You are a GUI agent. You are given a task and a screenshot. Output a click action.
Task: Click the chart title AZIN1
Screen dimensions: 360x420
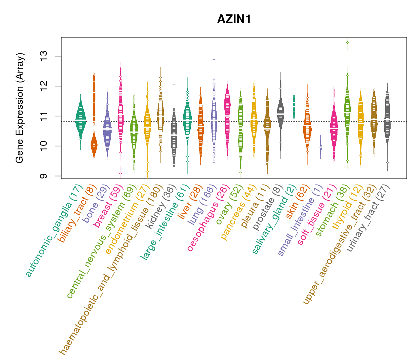234,19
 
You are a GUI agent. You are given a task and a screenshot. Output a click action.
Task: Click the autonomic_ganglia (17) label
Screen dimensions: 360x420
53,231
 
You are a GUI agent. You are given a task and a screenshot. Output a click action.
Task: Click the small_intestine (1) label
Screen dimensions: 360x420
300,220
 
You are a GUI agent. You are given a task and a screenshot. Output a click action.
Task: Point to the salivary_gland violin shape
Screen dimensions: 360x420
294,105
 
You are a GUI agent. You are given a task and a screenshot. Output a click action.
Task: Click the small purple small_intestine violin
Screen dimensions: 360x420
321,147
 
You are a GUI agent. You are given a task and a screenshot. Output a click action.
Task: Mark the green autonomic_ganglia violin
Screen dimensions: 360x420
80,120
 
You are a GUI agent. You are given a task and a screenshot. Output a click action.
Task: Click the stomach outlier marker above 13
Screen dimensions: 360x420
347,42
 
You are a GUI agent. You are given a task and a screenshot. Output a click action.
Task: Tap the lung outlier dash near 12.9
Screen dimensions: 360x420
214,60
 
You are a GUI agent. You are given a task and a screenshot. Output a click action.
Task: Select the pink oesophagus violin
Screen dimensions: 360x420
227,117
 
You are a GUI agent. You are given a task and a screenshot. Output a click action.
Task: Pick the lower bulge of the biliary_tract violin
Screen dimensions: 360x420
94,145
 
